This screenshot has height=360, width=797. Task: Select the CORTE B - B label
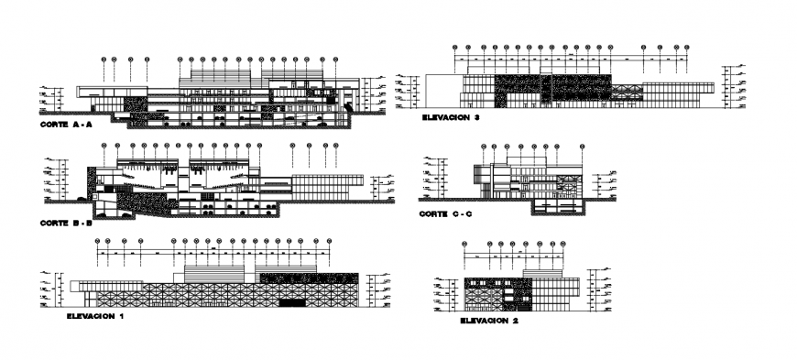[66, 223]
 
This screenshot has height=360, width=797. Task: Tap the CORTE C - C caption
[445, 213]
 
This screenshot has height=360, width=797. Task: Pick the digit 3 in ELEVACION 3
[478, 118]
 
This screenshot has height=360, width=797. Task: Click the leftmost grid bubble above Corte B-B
[104, 145]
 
